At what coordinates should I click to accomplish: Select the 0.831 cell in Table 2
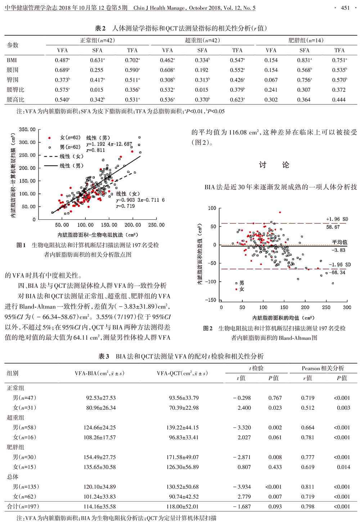pos(304,60)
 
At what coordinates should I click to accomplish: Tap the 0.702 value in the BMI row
pos(132,60)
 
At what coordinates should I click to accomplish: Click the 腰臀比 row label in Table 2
pos(15,90)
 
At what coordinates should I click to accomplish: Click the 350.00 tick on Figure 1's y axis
pos(27,129)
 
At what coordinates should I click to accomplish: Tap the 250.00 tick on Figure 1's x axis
pos(156,225)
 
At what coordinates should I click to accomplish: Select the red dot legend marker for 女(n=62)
pos(50,138)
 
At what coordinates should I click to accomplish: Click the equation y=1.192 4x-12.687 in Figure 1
pos(109,144)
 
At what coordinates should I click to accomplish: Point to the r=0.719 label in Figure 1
pos(125,206)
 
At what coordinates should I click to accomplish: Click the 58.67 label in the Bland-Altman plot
pos(333,227)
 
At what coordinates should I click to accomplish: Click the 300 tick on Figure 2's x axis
pos(347,307)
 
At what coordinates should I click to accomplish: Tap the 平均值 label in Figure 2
pos(339,242)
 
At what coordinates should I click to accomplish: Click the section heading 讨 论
pos(274,165)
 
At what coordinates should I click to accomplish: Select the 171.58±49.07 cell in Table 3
pos(183,457)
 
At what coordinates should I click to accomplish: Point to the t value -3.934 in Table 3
pos(242,487)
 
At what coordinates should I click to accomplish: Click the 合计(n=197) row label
pos(23,506)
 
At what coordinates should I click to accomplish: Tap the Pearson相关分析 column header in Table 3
pos(323,368)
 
